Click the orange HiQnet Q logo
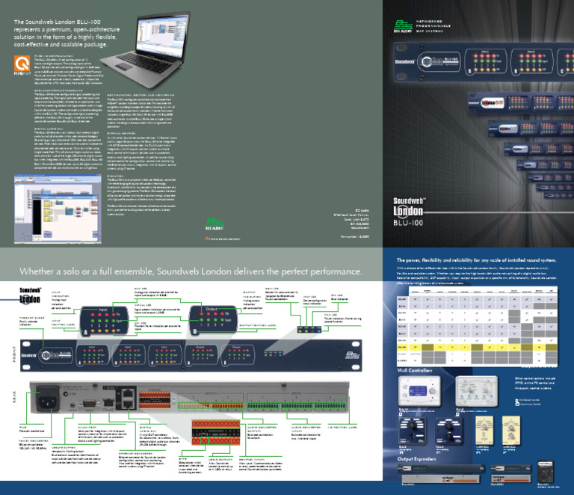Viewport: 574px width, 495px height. point(22,64)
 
